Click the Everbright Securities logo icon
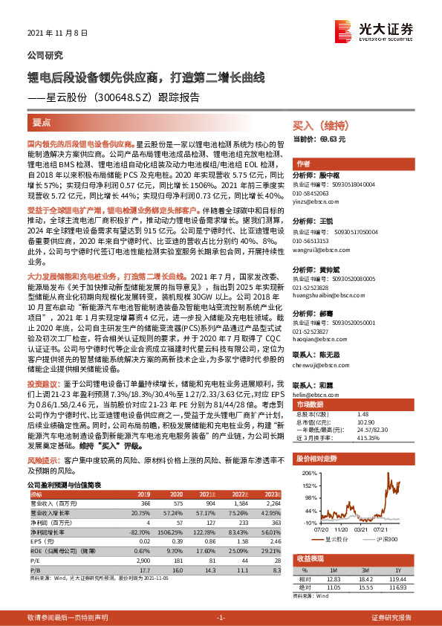343,30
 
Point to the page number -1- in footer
221,618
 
